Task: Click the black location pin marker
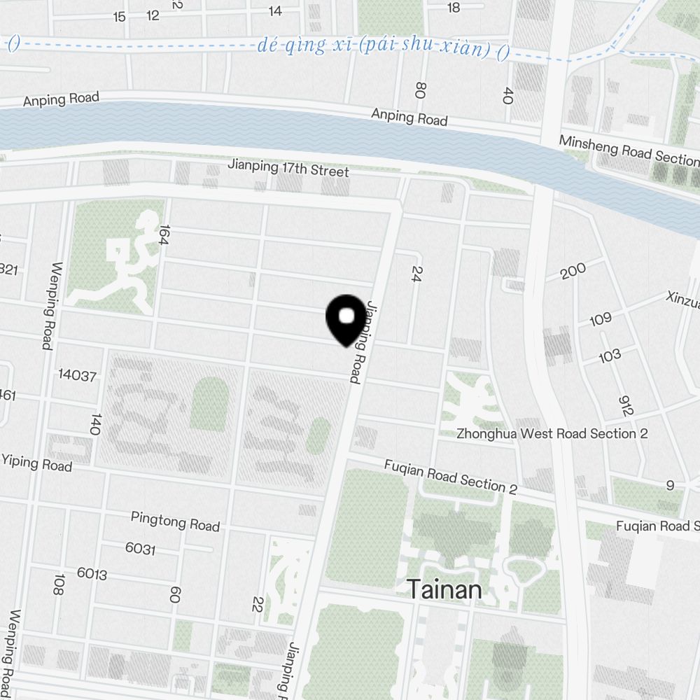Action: [346, 321]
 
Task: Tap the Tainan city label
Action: [444, 589]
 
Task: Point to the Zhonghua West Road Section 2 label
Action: [552, 433]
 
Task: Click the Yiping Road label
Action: [36, 462]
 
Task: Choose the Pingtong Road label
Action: [175, 521]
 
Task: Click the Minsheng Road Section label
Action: [629, 150]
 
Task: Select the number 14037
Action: [77, 375]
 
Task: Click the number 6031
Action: [140, 549]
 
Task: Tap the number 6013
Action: [92, 574]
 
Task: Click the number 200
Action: [573, 270]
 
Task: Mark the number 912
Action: [626, 405]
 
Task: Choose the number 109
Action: [601, 320]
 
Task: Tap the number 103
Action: [610, 356]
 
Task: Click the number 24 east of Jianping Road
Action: [418, 273]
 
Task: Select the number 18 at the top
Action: [454, 8]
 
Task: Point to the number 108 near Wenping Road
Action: [59, 584]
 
